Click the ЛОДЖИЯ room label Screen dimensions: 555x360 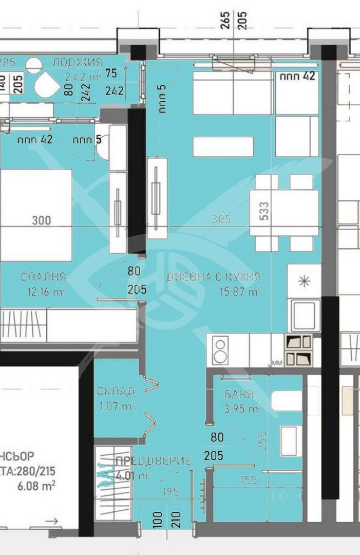[77, 63]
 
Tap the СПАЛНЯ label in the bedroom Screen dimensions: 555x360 [43, 277]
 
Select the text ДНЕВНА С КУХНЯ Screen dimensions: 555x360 [213, 277]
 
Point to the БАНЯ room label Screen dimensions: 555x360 [239, 395]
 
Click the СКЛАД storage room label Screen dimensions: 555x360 [116, 392]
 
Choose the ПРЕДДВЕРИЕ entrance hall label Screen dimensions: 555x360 [154, 460]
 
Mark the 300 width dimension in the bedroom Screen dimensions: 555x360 [42, 220]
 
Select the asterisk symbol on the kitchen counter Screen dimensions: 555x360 [304, 281]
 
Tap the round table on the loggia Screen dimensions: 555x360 [34, 66]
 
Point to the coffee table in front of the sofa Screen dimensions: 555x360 [223, 146]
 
